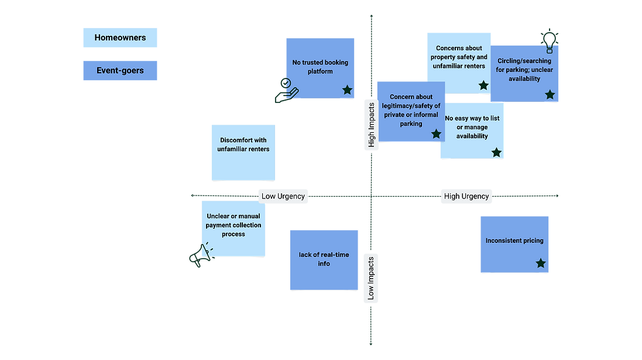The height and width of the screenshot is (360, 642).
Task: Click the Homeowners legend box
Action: [x=120, y=37]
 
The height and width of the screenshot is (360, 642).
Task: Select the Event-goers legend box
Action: [x=120, y=71]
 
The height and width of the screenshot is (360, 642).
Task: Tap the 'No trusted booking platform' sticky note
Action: [x=320, y=67]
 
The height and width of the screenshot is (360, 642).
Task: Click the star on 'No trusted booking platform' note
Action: [x=347, y=90]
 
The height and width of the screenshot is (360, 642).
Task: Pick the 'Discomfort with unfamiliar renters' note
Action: [x=243, y=152]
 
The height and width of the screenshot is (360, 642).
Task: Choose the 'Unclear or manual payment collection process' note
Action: [x=233, y=228]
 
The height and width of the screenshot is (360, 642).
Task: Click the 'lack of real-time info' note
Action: [x=324, y=259]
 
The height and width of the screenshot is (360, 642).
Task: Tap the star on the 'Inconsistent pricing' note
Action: [x=541, y=263]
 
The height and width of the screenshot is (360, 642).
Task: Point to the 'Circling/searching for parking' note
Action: [x=525, y=70]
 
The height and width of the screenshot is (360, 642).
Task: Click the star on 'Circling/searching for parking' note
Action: [x=550, y=94]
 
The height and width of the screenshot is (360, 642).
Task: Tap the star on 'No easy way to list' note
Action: [x=496, y=152]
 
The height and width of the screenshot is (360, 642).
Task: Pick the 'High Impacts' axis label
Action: [x=371, y=125]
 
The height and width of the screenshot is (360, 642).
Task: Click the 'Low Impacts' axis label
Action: [x=371, y=279]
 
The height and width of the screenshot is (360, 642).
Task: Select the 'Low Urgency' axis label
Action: [x=283, y=196]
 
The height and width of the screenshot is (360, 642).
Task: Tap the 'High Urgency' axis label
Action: [x=466, y=196]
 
